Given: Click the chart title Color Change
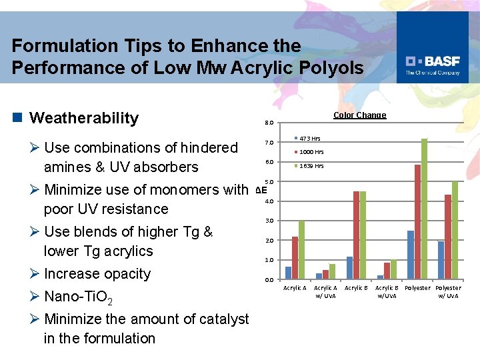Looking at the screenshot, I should pyautogui.click(x=359, y=115).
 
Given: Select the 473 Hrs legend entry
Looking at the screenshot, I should pyautogui.click(x=309, y=139).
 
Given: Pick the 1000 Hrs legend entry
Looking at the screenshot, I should pyautogui.click(x=311, y=152).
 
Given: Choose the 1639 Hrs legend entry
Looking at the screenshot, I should pyautogui.click(x=311, y=166).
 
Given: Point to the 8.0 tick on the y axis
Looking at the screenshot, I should pyautogui.click(x=268, y=123).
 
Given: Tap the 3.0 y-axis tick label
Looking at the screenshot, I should pyautogui.click(x=268, y=221).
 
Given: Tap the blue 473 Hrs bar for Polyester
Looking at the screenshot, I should pyautogui.click(x=411, y=255).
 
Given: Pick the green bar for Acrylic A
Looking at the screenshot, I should pyautogui.click(x=301, y=249).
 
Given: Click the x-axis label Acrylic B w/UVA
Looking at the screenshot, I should pyautogui.click(x=387, y=291).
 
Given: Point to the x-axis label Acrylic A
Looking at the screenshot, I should pyautogui.click(x=295, y=288).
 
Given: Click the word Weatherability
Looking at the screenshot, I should pyautogui.click(x=85, y=118).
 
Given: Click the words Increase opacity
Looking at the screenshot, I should pyautogui.click(x=97, y=274).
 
